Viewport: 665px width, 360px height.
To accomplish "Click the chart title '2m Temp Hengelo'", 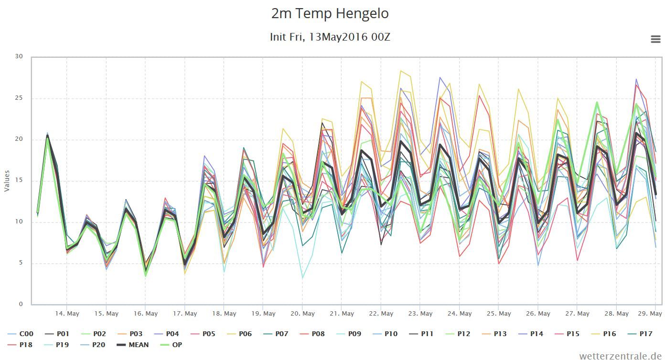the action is [x=330, y=13].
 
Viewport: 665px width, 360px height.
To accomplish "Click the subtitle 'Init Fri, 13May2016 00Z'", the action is [x=330, y=37].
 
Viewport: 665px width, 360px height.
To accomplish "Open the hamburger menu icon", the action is [x=655, y=39].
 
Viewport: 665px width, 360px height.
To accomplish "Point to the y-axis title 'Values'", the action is [x=7, y=181].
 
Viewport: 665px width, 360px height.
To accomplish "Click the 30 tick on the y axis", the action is [x=19, y=56].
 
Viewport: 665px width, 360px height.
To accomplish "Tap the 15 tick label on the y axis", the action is [x=19, y=180].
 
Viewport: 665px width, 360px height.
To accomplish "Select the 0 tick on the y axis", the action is [x=21, y=304].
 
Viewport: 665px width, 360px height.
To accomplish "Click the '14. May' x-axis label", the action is [x=67, y=313].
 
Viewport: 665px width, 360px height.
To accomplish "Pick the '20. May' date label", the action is [x=302, y=313].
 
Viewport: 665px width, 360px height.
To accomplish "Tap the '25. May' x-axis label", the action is [x=499, y=313].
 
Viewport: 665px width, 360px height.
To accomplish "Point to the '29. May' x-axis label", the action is [x=650, y=313].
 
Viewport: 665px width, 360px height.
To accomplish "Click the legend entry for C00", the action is [x=21, y=334].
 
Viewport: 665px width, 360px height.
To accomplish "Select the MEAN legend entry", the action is [x=132, y=345].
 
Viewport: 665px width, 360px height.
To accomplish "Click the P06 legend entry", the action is [x=239, y=334].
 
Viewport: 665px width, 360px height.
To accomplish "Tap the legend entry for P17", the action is [x=640, y=334].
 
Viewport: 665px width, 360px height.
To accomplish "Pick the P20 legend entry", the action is [x=93, y=345].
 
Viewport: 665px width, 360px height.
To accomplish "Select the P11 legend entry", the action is [x=421, y=334].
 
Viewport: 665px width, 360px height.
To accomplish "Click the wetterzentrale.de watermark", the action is [x=620, y=356].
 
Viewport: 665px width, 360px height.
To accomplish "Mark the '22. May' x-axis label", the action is [x=381, y=313].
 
